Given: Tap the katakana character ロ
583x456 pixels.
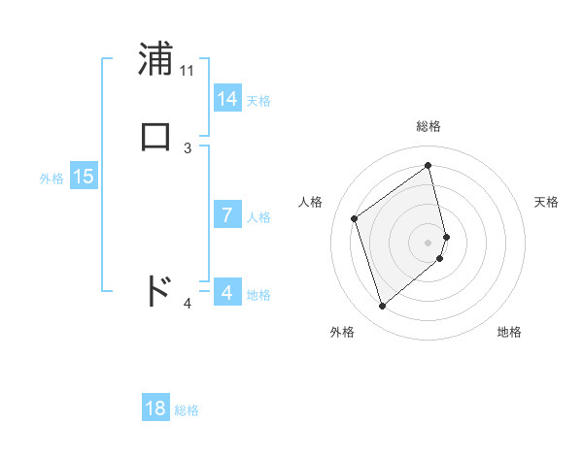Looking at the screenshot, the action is pos(156,137).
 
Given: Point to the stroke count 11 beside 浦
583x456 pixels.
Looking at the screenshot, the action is pos(188,71).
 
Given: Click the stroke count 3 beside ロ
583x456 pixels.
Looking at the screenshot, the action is pos(188,147).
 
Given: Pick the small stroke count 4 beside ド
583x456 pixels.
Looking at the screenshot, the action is pos(188,304).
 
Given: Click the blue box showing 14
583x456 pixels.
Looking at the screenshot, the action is pos(227,99).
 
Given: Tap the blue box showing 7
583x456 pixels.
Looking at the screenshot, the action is pos(227,215).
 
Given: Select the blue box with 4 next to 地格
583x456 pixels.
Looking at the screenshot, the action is pos(227,292).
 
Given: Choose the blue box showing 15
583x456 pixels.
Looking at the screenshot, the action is pos(84,177).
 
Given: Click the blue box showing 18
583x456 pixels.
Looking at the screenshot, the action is pos(155,408).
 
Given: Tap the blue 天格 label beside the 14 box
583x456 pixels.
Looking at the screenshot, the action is pos(258,101).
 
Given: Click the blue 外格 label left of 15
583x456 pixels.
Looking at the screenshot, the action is pos(51,179).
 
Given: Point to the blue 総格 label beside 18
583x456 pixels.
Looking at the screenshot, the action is pos(187,410).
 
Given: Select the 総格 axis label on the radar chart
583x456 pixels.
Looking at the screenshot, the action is pos(429,126).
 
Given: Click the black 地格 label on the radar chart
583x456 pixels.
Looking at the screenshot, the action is pos(509,332).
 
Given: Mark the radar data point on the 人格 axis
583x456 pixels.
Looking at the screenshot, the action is pos(355,218).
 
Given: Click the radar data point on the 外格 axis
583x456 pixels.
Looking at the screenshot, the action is pos(382,307).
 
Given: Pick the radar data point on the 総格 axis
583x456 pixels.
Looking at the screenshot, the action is pos(429,165).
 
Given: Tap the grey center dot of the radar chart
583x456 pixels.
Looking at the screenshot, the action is pos(429,242).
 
